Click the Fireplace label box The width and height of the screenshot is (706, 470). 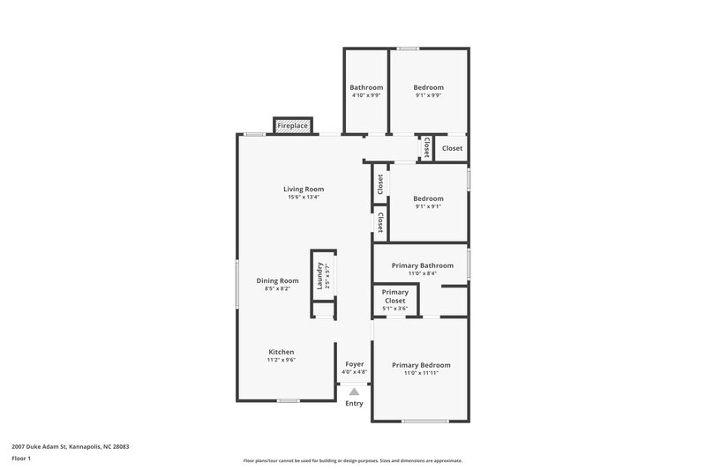(293, 126)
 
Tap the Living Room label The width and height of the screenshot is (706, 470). (304, 189)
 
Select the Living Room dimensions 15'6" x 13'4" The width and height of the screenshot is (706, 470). (304, 198)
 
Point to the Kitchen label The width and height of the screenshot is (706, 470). (282, 352)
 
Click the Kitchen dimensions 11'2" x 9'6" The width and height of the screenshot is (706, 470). (282, 360)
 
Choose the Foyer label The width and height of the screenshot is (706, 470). (355, 364)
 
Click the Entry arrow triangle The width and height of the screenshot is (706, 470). (354, 392)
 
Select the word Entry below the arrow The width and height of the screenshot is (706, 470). (354, 404)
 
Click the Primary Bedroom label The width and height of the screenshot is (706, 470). (421, 365)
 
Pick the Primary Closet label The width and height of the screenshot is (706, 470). (395, 296)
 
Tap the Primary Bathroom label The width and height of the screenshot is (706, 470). (423, 265)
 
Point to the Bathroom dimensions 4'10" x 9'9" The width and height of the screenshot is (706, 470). (366, 95)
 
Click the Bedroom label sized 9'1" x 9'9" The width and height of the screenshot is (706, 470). (428, 87)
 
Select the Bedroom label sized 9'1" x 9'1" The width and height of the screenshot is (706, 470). (428, 198)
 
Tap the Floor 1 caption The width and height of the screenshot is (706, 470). (22, 459)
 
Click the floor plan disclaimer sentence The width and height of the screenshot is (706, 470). (352, 460)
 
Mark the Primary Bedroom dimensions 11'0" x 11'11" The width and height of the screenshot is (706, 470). (421, 373)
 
